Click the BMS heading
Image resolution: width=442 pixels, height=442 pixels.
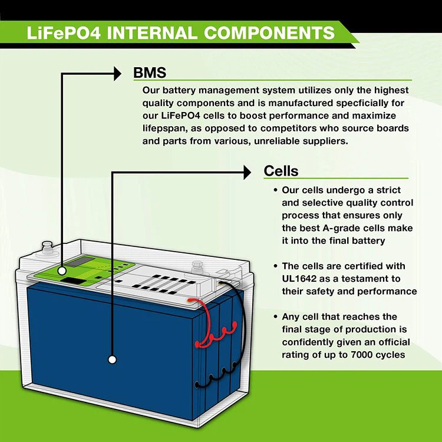(x=150, y=73)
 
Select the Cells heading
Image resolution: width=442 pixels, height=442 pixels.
(x=281, y=171)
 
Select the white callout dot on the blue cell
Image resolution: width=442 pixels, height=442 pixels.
(x=112, y=358)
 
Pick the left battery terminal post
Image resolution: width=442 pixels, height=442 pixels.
(x=46, y=246)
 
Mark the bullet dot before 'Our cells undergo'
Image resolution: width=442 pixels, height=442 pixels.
(x=275, y=190)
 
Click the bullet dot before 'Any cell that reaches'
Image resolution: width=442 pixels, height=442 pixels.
(x=275, y=317)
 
